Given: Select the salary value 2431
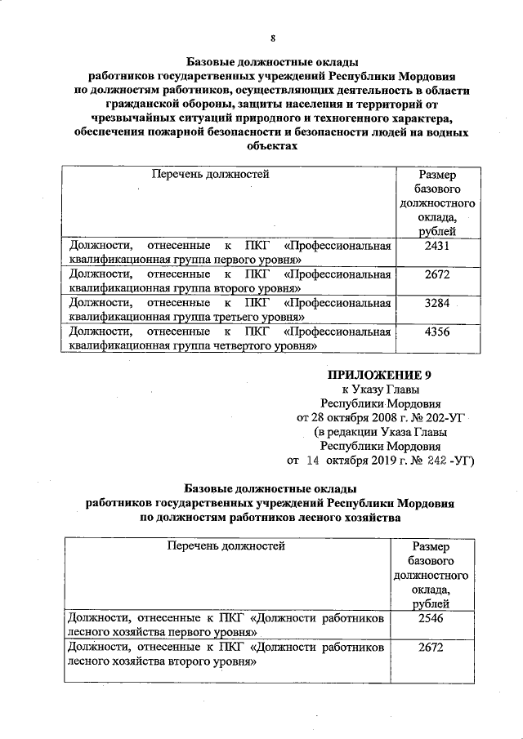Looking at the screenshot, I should coord(437,245).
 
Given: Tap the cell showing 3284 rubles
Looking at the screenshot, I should coord(437,304).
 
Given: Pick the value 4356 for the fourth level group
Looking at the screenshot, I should coord(437,333).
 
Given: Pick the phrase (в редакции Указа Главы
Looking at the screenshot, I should coord(381,433).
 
